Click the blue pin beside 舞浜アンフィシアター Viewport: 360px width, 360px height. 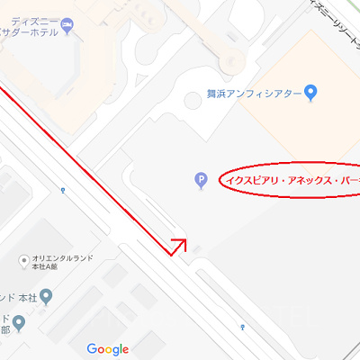tap(311, 92)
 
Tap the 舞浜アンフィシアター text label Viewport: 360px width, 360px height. tap(260, 92)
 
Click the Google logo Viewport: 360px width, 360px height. tap(108, 349)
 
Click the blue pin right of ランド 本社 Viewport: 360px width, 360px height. tap(46, 297)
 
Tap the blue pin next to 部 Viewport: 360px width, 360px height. tap(18, 323)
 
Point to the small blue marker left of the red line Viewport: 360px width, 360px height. tap(62, 190)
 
